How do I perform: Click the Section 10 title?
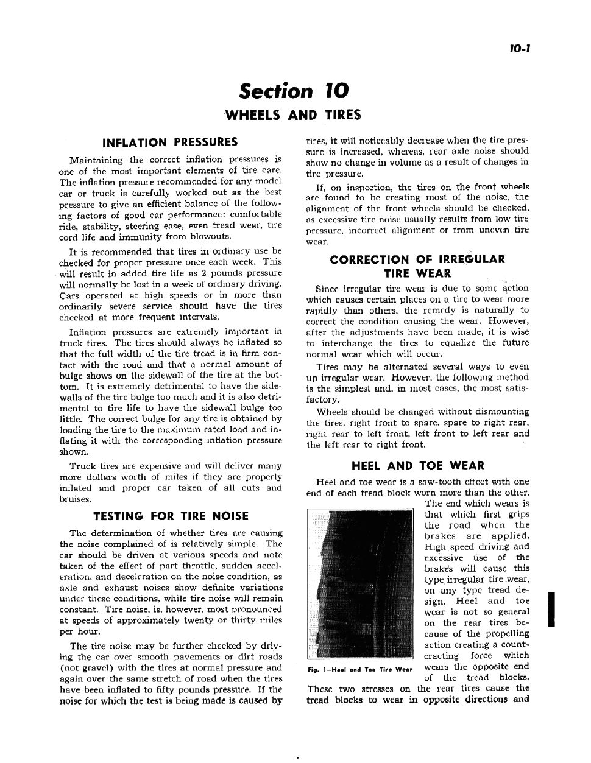294,91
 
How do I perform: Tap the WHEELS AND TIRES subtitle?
293,115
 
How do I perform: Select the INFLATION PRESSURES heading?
170,142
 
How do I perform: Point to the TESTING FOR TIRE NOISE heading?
171,516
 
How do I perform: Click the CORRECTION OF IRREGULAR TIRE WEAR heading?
417,266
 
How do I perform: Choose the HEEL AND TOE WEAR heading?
418,466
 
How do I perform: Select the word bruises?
75,499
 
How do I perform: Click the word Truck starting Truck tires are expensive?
83,466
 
